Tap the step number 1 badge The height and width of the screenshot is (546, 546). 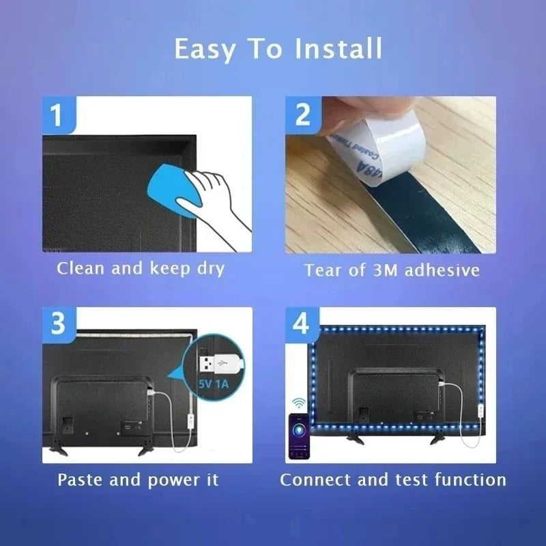point(58,114)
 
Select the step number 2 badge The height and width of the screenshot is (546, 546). point(303,114)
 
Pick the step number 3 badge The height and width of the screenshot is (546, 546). point(58,323)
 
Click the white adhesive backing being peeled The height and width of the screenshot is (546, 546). point(382,147)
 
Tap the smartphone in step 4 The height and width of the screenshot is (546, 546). point(298,435)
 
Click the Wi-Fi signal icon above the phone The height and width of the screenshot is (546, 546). point(298,401)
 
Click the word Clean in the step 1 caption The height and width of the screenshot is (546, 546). point(81,268)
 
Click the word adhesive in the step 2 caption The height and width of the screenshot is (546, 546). point(442,270)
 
